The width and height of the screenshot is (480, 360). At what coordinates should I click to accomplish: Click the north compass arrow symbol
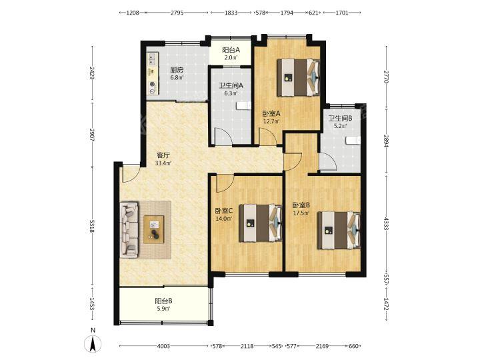click(93, 343)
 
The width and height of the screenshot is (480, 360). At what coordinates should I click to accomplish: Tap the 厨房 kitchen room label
click(177, 69)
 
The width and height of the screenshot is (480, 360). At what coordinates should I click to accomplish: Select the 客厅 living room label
click(163, 155)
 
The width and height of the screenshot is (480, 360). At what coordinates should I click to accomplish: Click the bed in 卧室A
click(299, 77)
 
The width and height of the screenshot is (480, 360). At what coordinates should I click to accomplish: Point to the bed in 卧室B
click(339, 230)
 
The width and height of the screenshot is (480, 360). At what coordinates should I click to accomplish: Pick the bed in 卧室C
click(261, 223)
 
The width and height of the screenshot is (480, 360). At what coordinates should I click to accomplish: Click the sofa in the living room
click(129, 229)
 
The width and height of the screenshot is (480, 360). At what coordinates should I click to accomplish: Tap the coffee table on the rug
click(154, 229)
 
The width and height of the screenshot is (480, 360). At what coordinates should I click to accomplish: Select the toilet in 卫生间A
click(244, 105)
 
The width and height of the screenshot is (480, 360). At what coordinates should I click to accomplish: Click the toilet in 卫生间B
click(353, 140)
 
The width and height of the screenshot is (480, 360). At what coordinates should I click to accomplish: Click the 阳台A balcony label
click(231, 50)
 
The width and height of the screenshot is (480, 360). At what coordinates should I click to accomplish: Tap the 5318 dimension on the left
click(92, 227)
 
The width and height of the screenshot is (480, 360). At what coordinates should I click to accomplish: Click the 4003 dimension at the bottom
click(163, 346)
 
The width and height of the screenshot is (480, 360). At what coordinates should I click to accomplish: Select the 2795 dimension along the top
click(177, 13)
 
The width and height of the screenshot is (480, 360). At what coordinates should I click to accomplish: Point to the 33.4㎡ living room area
click(163, 163)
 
